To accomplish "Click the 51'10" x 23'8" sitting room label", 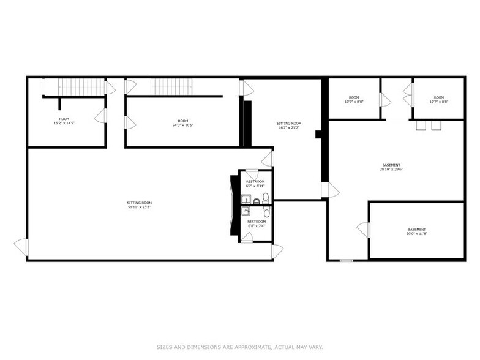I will pos(139,204).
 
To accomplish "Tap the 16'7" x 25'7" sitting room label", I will pos(289,126).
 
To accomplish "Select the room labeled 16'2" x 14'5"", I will pos(64,121).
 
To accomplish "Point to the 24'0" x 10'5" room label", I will pos(182,123).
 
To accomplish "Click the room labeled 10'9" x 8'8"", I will pos(354,99).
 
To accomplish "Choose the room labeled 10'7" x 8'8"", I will pos(438,99).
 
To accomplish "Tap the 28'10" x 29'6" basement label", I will pos(391,167).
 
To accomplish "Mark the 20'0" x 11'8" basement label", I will pos(416,231).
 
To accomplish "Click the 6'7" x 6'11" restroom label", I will pos(256,183).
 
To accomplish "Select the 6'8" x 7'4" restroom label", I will pos(257,223).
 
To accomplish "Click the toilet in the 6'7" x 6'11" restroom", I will pos(266,198).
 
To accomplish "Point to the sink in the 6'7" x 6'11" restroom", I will pos(245,199).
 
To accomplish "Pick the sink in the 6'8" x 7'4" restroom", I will pos(246,211).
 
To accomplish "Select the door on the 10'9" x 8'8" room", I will pos(383,99).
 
